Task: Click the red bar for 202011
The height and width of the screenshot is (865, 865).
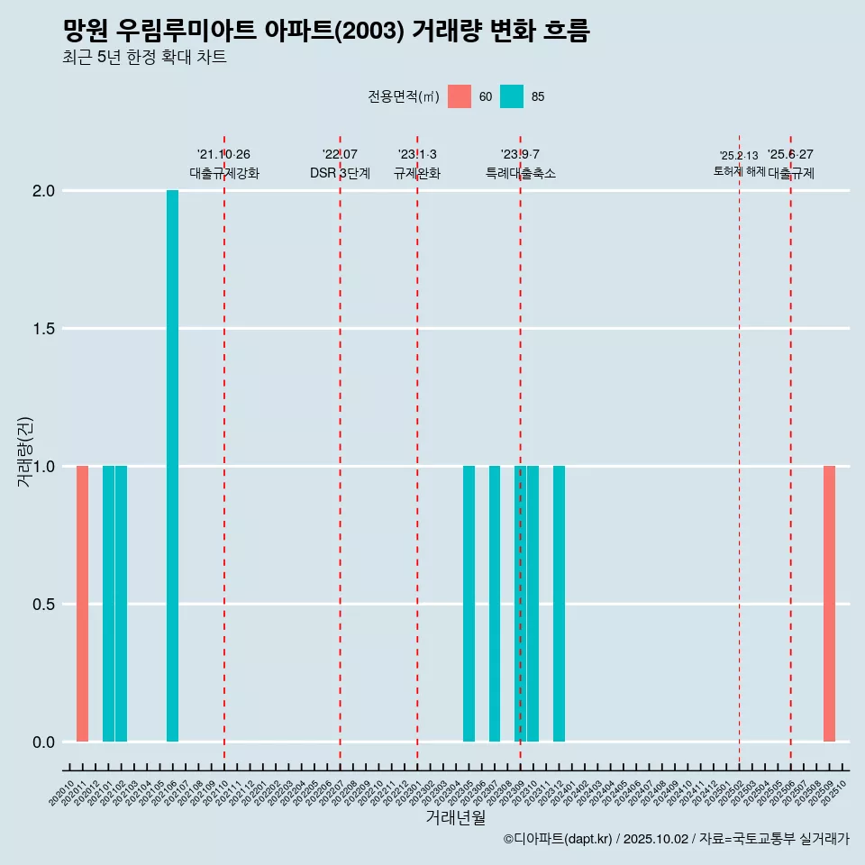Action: point(82,604)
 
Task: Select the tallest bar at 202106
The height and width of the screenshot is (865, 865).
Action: point(172,466)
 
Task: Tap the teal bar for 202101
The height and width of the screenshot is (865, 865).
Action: point(108,604)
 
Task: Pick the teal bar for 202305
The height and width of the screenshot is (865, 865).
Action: point(469,604)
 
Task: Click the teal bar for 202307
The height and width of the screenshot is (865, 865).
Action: point(495,604)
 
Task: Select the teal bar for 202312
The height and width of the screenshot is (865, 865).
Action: point(559,604)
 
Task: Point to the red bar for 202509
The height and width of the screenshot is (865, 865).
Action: point(829,604)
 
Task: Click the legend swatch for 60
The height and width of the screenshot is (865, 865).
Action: point(460,96)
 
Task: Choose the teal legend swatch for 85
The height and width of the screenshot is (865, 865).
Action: point(512,96)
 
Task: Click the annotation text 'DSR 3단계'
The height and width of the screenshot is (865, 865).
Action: point(340,173)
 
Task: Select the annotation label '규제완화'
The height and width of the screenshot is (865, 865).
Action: point(417,173)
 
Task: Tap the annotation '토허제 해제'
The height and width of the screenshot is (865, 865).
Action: point(739,171)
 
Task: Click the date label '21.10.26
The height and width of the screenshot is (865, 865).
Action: point(223,155)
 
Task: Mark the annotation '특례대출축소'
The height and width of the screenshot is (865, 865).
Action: point(520,173)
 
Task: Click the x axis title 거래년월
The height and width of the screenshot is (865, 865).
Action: point(455,817)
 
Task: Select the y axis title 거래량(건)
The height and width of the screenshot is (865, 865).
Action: point(24,452)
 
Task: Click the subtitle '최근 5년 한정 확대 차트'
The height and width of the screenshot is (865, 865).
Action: point(144,58)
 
